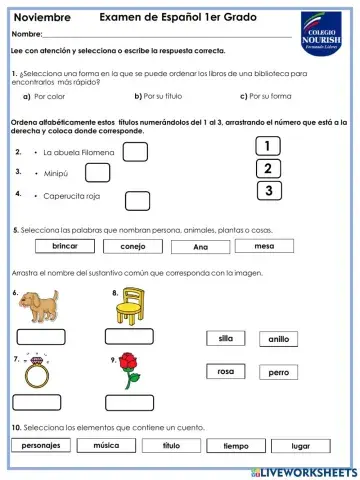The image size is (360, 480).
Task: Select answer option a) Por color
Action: click(x=49, y=97)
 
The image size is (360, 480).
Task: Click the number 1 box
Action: click(x=268, y=146)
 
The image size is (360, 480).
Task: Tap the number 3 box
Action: click(x=268, y=190)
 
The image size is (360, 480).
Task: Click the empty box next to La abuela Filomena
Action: click(x=135, y=152)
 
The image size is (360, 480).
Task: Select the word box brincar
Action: click(x=65, y=246)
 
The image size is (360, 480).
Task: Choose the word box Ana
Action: click(x=201, y=247)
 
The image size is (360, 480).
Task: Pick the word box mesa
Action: click(x=265, y=246)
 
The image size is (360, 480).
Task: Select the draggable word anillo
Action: click(x=278, y=339)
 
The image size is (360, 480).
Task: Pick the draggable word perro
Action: click(x=278, y=372)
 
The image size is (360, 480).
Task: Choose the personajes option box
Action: click(x=42, y=445)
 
